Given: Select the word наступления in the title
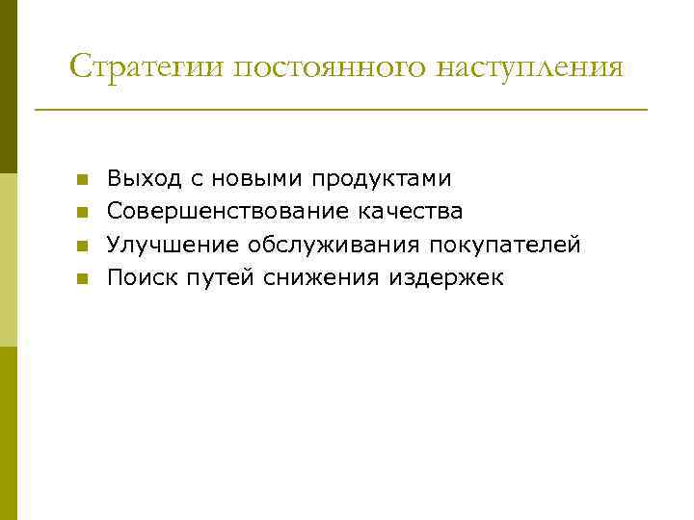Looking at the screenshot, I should [532, 67].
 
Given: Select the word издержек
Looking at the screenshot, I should [446, 278].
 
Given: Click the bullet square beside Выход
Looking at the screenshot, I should [83, 180].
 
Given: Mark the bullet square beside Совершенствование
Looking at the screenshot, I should [83, 213].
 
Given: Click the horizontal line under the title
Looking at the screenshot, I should [341, 110].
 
